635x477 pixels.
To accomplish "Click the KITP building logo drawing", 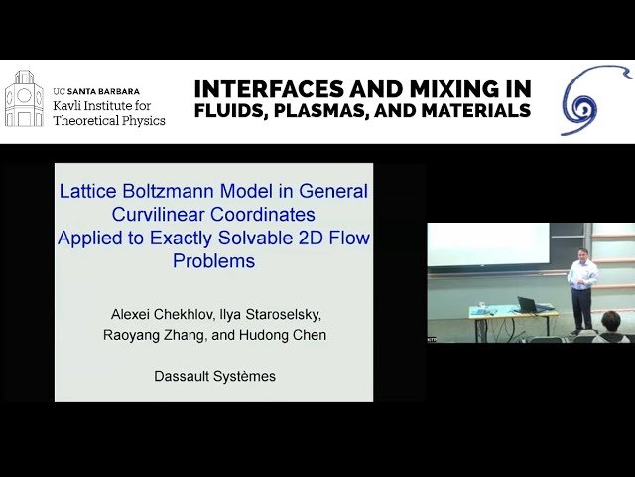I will (24, 99).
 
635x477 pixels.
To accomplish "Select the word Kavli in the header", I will (70, 104).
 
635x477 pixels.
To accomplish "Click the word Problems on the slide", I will (213, 261).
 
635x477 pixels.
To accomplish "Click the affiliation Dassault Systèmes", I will (214, 376).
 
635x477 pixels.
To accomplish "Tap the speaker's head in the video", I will (579, 255).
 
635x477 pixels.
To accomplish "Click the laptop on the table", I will (526, 304).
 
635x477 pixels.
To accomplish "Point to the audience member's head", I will (611, 320).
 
